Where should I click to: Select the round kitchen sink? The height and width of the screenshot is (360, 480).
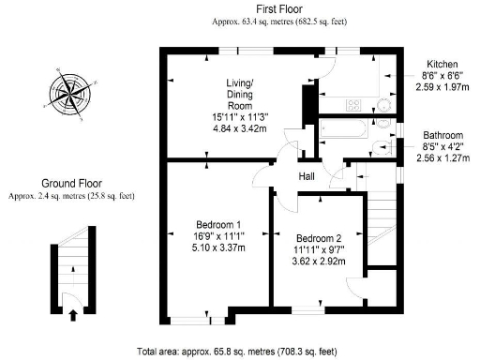tap(382, 105)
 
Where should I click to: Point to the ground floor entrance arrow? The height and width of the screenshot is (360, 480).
tap(72, 316)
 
